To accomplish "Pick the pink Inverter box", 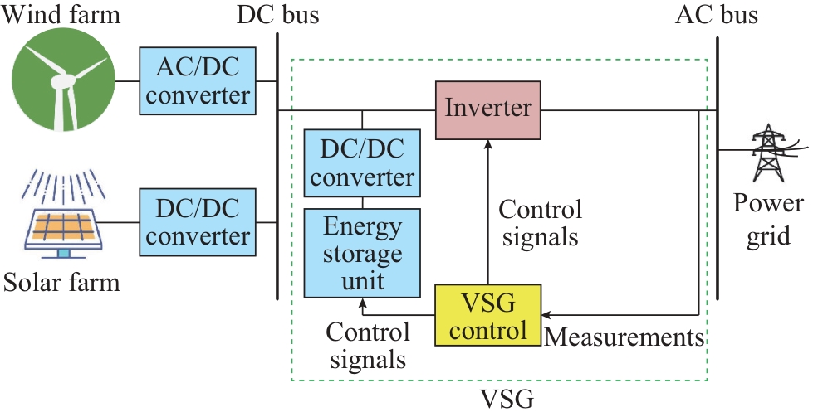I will coord(488,109).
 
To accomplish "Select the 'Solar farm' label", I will coord(61,284).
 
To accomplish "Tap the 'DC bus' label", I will coord(277,14).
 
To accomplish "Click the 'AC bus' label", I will coord(717,14).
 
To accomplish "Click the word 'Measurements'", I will coord(624,337).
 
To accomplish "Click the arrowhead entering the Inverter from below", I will coord(488,144).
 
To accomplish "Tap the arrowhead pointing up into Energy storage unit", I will coord(361,303).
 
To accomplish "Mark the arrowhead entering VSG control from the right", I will coord(546,315).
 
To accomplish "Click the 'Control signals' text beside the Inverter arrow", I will coord(541,222).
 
